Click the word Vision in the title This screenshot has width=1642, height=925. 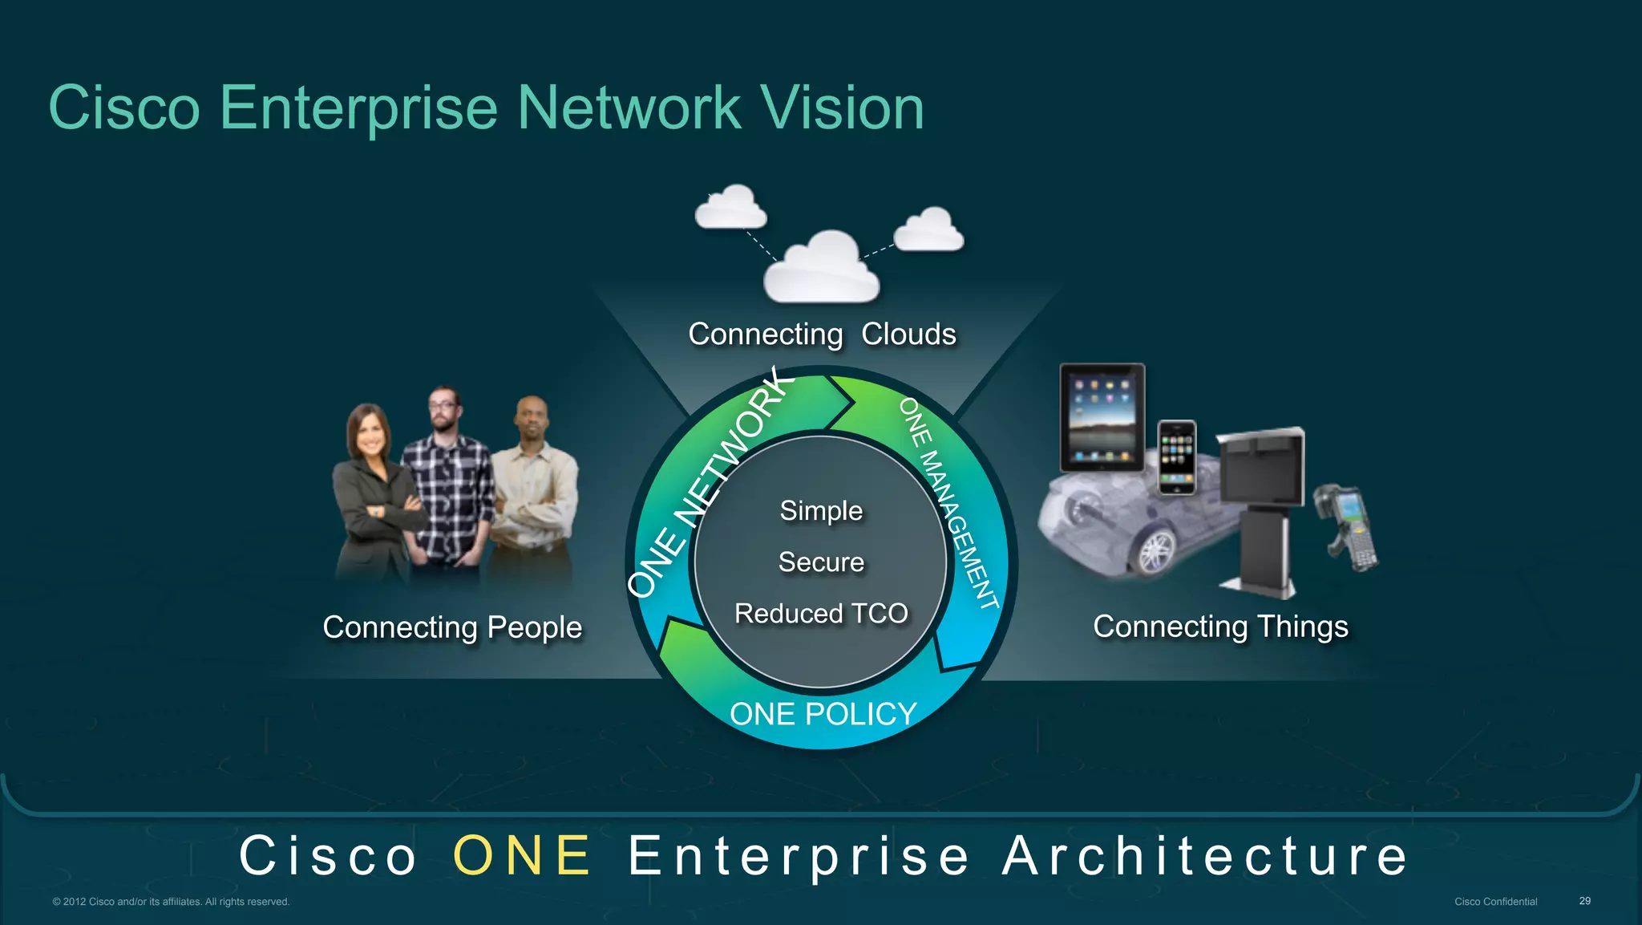[x=841, y=108]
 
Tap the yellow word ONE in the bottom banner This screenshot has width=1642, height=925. [x=522, y=855]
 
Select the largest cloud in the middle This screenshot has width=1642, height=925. [x=821, y=269]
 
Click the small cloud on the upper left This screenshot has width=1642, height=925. [x=730, y=207]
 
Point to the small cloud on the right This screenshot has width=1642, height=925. [x=928, y=229]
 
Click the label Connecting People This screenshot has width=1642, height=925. [x=452, y=627]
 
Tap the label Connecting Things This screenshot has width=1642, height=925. [x=1220, y=627]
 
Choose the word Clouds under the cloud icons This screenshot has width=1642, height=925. [x=908, y=335]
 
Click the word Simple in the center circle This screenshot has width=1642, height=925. [x=821, y=511]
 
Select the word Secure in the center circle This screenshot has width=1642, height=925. [x=821, y=562]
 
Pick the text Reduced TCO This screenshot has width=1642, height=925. [x=821, y=614]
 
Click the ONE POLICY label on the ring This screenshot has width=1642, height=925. [x=823, y=714]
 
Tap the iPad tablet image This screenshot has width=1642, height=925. [x=1102, y=417]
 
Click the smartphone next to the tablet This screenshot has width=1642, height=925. [x=1177, y=456]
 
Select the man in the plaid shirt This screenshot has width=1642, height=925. [x=447, y=481]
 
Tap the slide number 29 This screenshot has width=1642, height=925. [x=1584, y=901]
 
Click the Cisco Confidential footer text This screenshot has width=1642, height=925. [x=1495, y=902]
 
